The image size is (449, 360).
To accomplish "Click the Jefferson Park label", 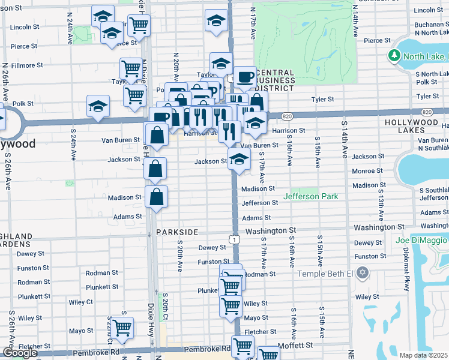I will (x=311, y=196).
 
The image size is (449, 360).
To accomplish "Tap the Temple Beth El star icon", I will (x=361, y=274).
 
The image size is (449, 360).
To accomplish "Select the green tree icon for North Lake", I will (x=394, y=56).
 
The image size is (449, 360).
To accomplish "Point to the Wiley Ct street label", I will (x=81, y=302).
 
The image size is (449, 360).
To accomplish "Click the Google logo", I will (x=20, y=353).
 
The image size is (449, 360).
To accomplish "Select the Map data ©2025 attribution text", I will (x=423, y=355).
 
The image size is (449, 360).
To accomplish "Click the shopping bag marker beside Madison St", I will (x=156, y=197).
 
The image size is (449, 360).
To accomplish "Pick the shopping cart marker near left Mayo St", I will (x=122, y=328).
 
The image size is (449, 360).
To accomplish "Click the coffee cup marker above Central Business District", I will (x=244, y=76).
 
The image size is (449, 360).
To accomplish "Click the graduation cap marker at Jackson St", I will (x=239, y=160).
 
